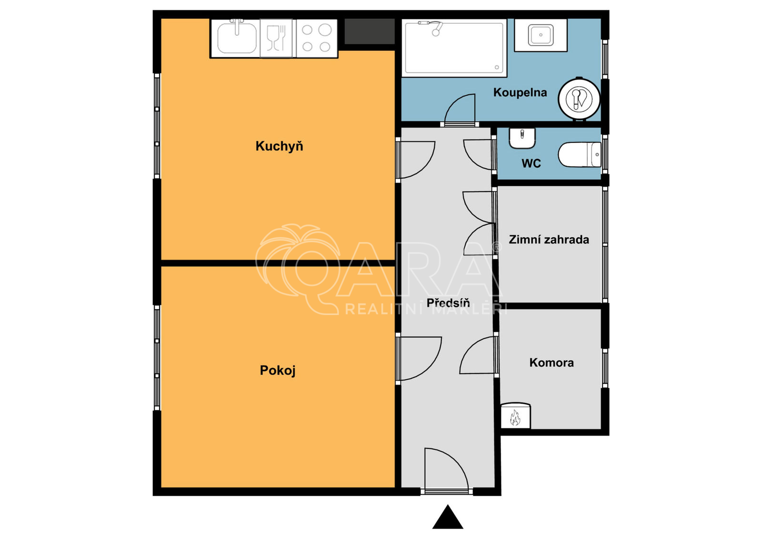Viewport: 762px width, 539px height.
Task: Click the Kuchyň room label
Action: (x=279, y=146)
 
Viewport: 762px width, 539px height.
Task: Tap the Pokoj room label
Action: (x=278, y=370)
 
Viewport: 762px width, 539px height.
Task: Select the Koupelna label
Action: (x=520, y=92)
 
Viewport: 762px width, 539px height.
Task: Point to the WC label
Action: (x=531, y=163)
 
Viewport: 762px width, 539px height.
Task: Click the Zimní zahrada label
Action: (x=549, y=240)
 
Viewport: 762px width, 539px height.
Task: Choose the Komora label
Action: (x=551, y=363)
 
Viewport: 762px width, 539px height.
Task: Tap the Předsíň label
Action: (x=448, y=303)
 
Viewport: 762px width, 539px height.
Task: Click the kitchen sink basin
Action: (x=237, y=38)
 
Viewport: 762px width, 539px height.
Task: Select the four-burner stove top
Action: (x=317, y=38)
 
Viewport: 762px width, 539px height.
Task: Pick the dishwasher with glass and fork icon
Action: (x=276, y=38)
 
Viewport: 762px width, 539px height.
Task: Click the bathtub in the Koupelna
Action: (x=454, y=47)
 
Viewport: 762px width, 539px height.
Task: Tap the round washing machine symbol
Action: (x=579, y=99)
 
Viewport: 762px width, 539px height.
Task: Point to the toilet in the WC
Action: (x=580, y=155)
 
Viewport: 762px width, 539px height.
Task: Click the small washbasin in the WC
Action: (x=522, y=138)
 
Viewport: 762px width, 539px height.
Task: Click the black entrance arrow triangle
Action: (x=448, y=518)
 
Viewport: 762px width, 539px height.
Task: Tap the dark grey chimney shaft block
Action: (x=370, y=31)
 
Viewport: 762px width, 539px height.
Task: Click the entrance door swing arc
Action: (x=452, y=460)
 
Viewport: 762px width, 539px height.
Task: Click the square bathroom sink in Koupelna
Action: (x=541, y=35)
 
